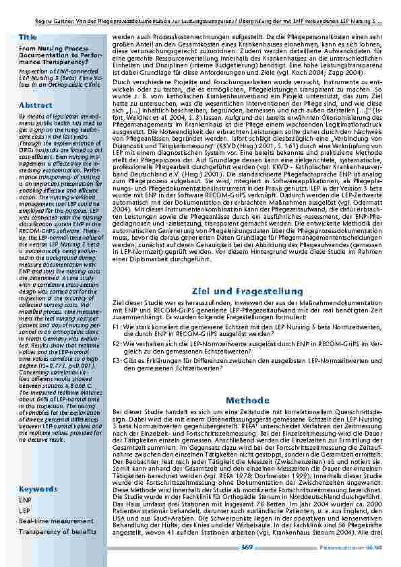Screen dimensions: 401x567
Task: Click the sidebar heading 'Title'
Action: [28, 36]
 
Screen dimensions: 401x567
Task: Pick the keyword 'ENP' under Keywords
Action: [25, 500]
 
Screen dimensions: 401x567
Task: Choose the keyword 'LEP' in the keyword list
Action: [24, 511]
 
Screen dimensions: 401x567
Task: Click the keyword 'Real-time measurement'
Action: [52, 521]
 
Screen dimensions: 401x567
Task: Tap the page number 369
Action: [247, 547]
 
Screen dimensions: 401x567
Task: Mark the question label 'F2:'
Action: [117, 343]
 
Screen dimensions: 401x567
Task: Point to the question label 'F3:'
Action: [117, 361]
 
